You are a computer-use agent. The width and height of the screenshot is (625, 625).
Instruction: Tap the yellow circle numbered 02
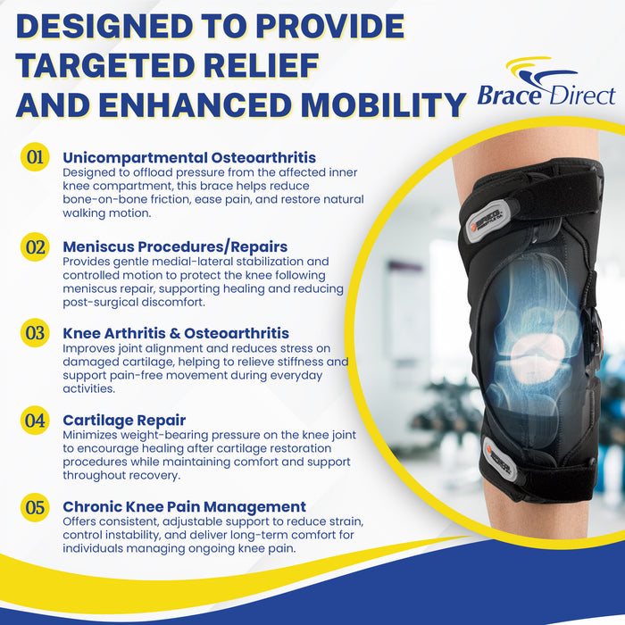35,246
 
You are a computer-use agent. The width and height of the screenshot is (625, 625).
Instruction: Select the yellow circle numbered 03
35,334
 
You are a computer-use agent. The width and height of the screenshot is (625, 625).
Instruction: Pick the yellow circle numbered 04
35,420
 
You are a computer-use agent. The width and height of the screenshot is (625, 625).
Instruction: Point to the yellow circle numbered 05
35,507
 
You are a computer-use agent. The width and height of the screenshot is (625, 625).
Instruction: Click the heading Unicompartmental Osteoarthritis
189,158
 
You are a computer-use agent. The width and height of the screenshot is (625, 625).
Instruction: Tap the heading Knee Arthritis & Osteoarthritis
176,333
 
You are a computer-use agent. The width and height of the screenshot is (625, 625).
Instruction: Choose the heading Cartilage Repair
124,420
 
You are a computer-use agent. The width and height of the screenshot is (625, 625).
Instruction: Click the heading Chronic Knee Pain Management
184,506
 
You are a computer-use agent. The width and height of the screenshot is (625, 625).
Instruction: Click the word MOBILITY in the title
384,105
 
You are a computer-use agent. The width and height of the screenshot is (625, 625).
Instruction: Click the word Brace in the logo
509,95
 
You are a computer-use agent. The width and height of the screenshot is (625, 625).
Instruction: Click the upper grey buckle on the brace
485,213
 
